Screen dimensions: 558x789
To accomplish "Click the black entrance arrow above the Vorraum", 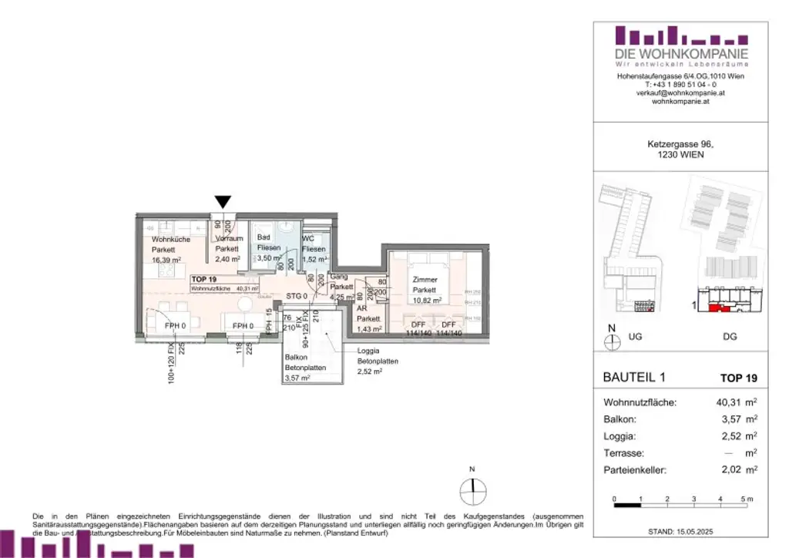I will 223,202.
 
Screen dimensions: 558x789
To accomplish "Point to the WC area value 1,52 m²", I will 314,261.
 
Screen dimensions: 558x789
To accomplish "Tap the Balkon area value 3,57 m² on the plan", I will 297,378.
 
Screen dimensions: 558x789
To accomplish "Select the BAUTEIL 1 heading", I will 633,378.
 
